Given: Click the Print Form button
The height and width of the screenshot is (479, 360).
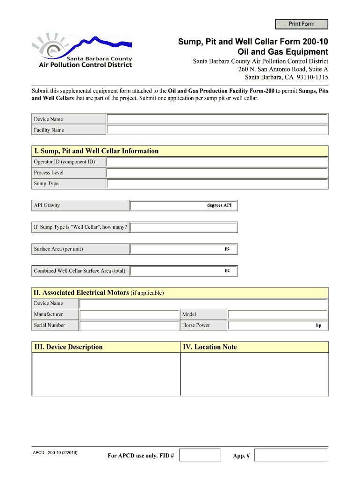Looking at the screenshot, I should click(302, 24).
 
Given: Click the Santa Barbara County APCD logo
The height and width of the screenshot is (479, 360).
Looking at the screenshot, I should click(81, 51).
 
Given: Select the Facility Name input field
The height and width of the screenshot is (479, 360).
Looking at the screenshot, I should click(217, 130).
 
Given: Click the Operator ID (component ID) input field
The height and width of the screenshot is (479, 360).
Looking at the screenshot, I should click(217, 162).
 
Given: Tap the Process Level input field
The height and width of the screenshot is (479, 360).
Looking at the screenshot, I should click(217, 173).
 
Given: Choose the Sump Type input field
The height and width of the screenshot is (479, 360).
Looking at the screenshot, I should click(217, 184).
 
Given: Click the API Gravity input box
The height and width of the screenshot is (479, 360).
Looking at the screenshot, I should click(168, 206).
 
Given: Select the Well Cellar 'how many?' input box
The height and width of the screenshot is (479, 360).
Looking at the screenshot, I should click(183, 227).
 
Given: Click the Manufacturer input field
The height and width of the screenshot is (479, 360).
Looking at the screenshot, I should click(129, 314).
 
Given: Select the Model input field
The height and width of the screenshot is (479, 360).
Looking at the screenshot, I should click(278, 314).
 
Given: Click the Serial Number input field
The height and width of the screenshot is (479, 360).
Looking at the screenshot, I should click(129, 326).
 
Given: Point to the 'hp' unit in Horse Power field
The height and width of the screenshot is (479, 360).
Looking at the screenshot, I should click(318, 326).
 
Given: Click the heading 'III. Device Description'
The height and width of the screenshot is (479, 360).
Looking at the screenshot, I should click(68, 347).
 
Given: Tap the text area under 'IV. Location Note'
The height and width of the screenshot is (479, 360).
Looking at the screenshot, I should click(254, 374).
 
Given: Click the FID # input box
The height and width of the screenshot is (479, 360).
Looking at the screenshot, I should click(200, 455).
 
